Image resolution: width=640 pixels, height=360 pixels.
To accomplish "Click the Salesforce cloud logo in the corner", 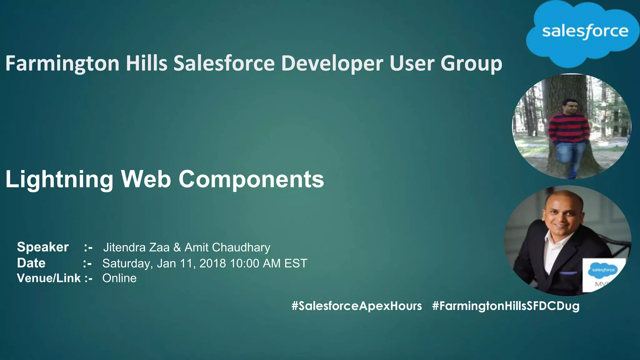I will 583,33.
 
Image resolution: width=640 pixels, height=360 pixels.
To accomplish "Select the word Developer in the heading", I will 332,63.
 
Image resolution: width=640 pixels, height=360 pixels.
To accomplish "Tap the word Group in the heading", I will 471,63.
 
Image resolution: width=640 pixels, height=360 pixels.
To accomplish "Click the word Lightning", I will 59,179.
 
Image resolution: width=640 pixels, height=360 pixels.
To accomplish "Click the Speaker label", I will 43,247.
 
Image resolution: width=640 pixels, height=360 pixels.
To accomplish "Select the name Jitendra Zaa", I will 136,247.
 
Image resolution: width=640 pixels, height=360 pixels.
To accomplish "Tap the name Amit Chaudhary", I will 227,247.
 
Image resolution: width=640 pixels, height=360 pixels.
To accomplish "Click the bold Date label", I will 31,263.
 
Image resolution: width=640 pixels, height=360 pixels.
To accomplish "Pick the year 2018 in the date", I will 212,263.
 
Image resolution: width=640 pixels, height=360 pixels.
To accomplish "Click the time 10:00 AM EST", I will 268,263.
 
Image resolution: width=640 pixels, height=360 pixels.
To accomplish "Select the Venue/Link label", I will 49,278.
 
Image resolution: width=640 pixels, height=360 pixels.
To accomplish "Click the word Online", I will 119,278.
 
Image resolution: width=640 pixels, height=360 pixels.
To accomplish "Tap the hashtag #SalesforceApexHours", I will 357,306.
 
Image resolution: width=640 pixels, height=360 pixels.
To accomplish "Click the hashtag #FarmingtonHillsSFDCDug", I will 506,306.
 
